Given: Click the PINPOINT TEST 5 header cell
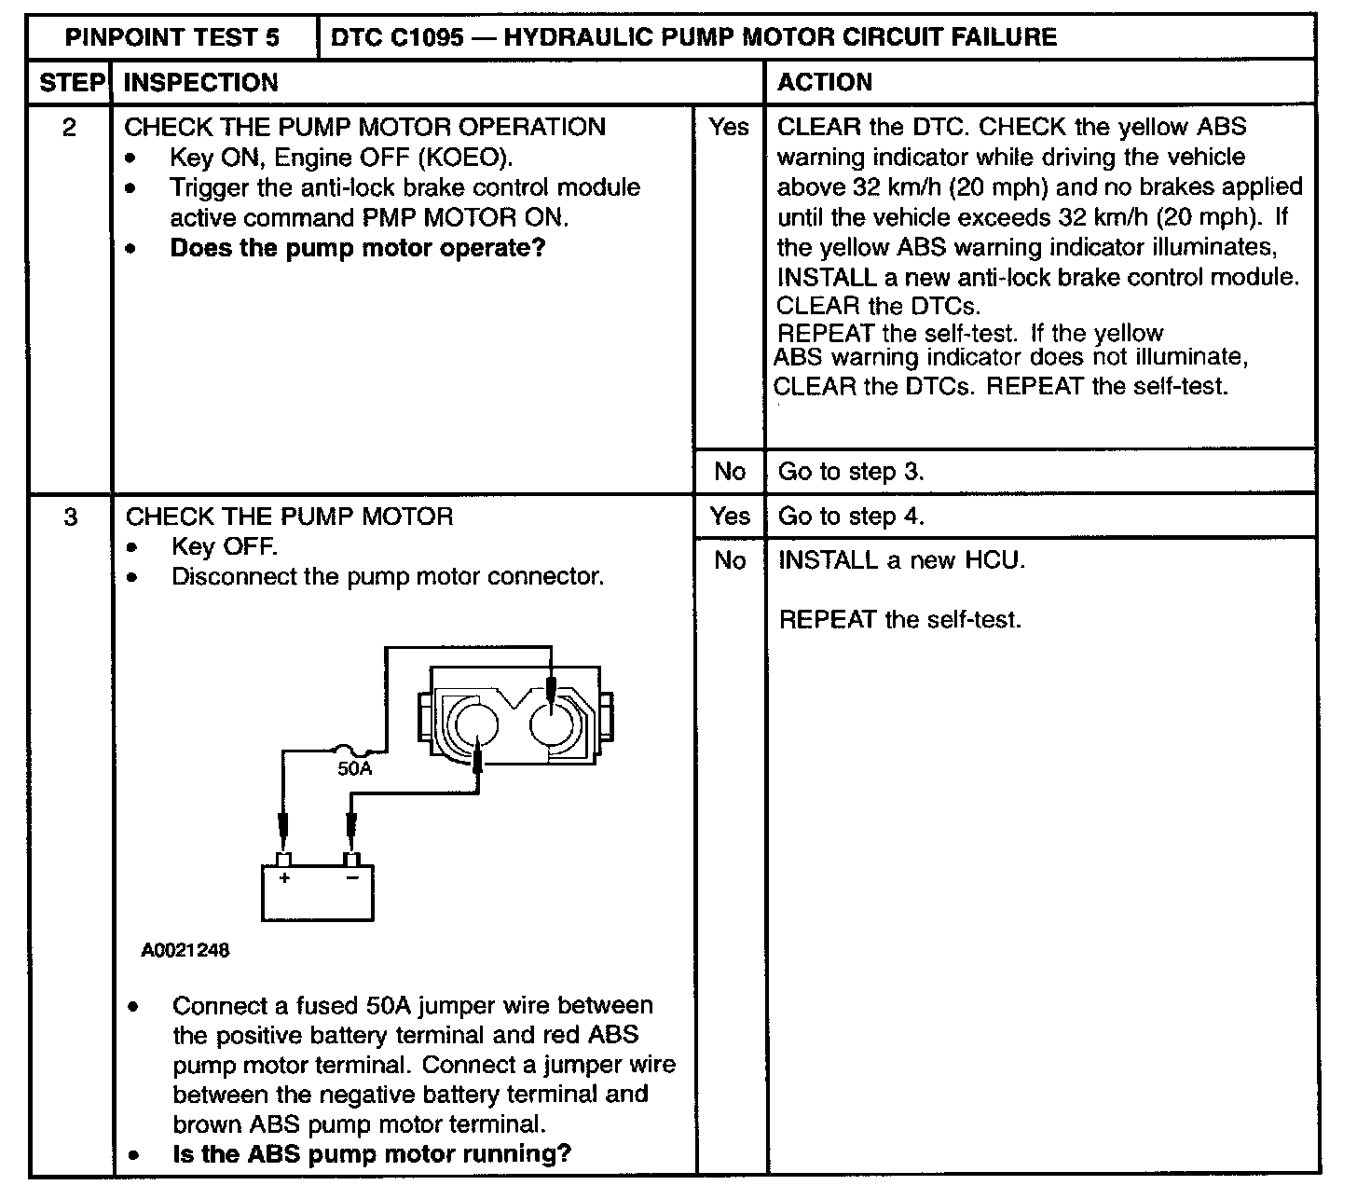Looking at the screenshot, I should tap(172, 37).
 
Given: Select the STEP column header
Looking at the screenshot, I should tap(71, 83).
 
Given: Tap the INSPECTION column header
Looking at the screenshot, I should tap(201, 83).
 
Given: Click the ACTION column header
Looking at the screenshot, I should tap(825, 83).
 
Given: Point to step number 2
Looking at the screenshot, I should tap(70, 128).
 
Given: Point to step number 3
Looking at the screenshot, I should tap(71, 517).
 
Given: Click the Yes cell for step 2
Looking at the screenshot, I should tap(729, 128).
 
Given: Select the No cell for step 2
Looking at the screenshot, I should tap(730, 472).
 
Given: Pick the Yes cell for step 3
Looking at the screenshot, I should tap(730, 517).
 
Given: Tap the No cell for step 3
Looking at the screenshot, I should tap(730, 560).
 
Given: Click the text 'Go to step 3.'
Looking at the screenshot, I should tap(851, 472).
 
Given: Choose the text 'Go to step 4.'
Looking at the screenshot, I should tap(851, 517).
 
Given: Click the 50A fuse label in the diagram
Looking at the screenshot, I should tap(354, 769).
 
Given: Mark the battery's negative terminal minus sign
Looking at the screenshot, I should tap(351, 878).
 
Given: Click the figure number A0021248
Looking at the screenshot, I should tap(185, 951).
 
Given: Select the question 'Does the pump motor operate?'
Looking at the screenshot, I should tap(357, 248).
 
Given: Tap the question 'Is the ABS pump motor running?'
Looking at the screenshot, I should tap(372, 1154).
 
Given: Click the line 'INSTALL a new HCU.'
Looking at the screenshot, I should tap(901, 560).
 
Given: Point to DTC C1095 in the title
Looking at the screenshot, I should tap(397, 37).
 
